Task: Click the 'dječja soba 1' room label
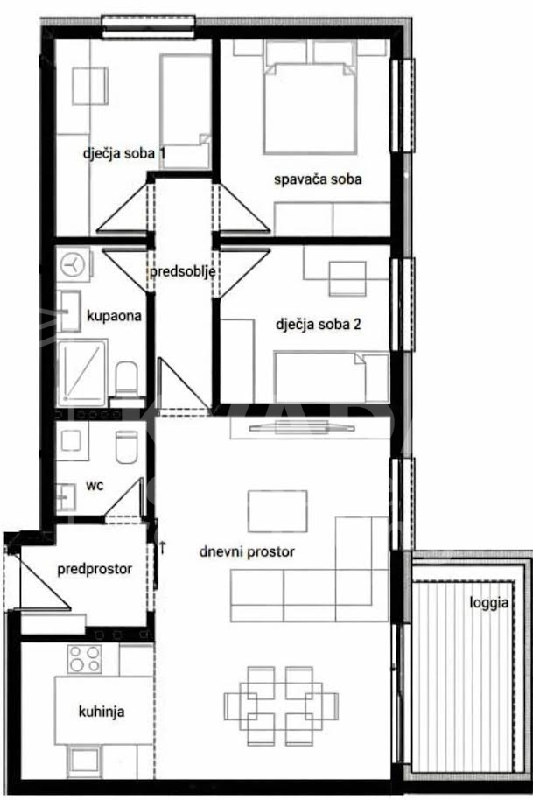(124, 153)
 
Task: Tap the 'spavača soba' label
(318, 179)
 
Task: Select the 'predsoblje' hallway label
(182, 271)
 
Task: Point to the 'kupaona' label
(114, 316)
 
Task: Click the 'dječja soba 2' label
(319, 324)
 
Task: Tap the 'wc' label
(95, 485)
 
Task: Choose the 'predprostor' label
(95, 569)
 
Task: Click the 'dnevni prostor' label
(247, 551)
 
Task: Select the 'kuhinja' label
(102, 712)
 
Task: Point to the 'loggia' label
(489, 603)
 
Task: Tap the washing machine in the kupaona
(74, 264)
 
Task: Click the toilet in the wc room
(127, 447)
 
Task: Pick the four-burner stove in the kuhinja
(85, 659)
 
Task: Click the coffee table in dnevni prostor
(277, 511)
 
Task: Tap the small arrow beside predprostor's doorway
(162, 547)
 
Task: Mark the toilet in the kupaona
(127, 380)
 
